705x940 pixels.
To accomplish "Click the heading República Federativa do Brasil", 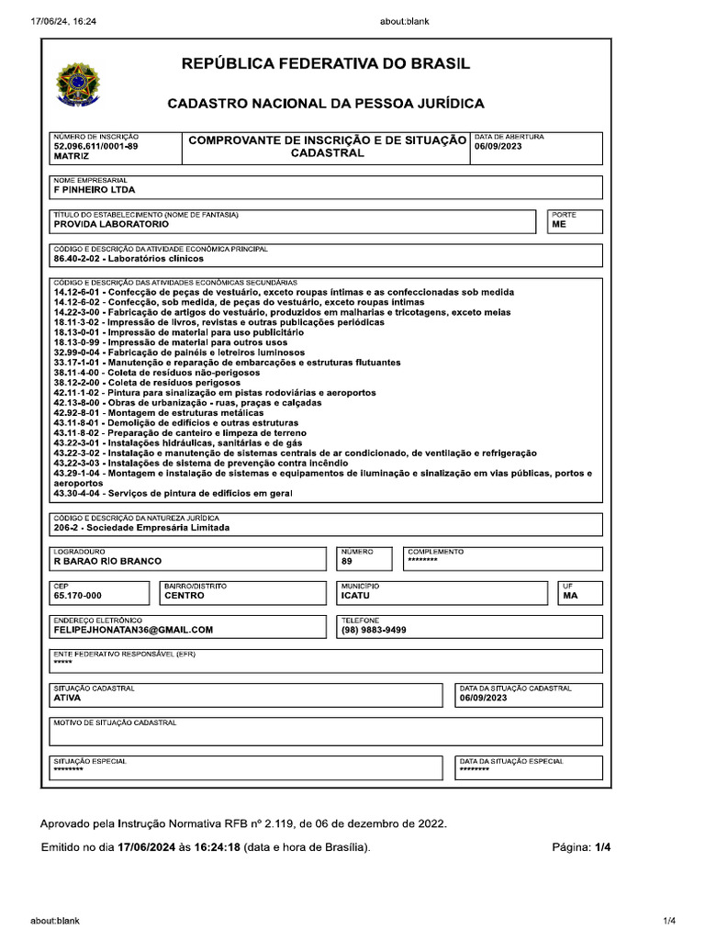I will (x=326, y=64).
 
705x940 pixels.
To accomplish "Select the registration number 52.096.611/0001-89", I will (x=96, y=146).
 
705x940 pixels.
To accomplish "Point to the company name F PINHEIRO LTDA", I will (x=95, y=190).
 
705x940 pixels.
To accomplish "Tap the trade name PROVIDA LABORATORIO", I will (x=111, y=224).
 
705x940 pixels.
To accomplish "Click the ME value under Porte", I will (x=559, y=224).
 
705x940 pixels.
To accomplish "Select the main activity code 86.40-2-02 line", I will (x=129, y=259).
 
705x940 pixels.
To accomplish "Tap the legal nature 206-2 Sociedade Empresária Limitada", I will (x=142, y=528).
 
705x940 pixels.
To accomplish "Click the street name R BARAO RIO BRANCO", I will (x=107, y=561).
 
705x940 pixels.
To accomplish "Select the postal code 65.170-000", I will (x=78, y=596).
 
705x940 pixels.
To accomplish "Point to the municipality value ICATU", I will (x=355, y=596).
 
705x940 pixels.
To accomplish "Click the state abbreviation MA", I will (x=570, y=596).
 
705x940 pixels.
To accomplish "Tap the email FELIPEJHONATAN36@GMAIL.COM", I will (x=133, y=630).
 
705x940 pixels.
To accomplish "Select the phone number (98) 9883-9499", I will (x=374, y=630).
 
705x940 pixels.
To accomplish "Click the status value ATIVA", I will (x=67, y=698).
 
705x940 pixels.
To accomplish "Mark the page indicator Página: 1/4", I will (x=580, y=847).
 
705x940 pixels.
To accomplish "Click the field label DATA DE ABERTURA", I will (x=509, y=137).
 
